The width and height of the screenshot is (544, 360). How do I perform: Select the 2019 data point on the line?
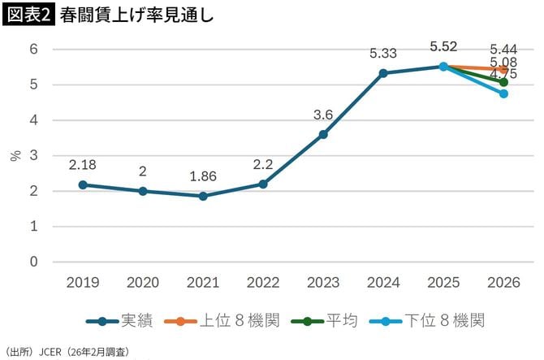83,184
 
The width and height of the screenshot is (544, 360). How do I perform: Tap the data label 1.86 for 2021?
203,176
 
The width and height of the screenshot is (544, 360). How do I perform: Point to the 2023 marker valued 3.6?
323,134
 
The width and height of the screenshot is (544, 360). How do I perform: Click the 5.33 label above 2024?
383,54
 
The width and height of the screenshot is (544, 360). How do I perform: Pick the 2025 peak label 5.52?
443,47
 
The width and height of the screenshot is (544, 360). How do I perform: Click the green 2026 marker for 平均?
503,82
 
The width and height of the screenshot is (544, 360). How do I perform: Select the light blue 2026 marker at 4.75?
503,93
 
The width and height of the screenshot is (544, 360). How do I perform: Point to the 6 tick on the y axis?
34,49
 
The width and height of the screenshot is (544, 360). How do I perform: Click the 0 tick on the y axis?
34,262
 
